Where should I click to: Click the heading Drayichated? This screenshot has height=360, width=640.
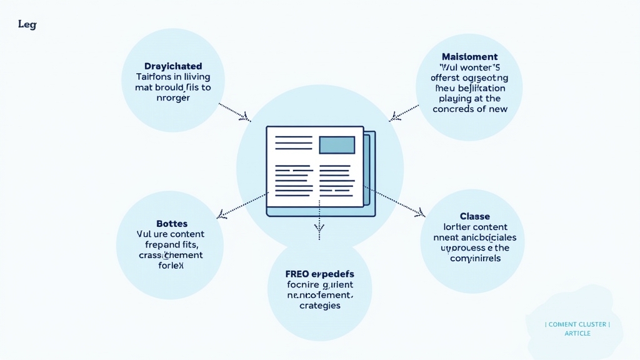(x=173, y=66)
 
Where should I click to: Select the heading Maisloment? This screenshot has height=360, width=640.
(x=469, y=57)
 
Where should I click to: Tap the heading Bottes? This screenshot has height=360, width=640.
(x=172, y=223)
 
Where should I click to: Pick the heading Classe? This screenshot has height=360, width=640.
(x=474, y=216)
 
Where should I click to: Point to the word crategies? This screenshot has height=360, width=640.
(x=319, y=306)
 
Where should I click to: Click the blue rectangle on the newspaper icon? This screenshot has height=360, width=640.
(x=337, y=145)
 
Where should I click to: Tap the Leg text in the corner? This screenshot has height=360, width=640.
(x=27, y=24)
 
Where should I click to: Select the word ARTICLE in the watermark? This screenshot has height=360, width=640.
(x=577, y=333)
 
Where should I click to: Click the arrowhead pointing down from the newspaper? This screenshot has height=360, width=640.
(x=319, y=236)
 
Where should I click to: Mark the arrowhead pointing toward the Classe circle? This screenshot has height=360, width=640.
(x=419, y=215)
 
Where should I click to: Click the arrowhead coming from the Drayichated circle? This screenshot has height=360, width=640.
(x=246, y=117)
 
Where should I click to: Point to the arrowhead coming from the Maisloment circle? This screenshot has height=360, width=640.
(x=393, y=117)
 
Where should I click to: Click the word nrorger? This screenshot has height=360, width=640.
(x=172, y=98)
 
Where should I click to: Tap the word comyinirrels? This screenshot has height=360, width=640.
(x=475, y=258)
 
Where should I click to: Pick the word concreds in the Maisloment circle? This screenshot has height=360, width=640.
(x=454, y=109)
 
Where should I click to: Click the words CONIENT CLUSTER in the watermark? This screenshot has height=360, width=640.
(x=577, y=324)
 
